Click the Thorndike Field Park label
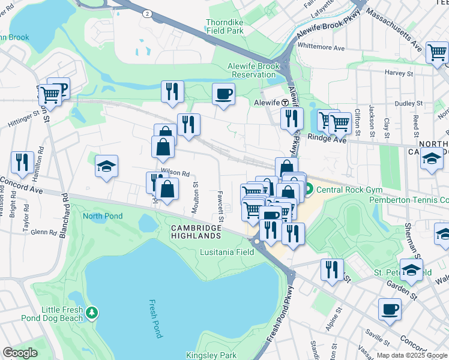pos(225,26)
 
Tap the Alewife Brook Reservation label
pos(251,70)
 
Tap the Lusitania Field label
pos(227,252)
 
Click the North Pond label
pos(103,216)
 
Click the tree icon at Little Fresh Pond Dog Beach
pos(91,312)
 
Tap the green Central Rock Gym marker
pos(308,191)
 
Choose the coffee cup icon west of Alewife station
pos(223,94)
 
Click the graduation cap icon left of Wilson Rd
pos(106,167)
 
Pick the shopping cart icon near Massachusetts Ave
pos(436,52)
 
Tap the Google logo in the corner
pos(20,353)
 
